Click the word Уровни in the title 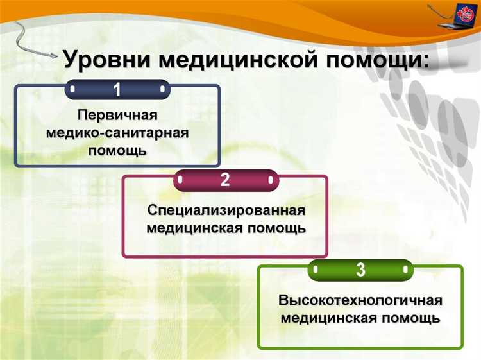point(107,60)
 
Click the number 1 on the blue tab point(117,90)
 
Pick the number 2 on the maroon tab point(225,180)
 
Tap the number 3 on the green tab point(360,270)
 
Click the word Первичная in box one point(117,116)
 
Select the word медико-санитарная point(117,133)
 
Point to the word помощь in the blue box point(117,151)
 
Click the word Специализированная point(225,210)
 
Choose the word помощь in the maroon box point(273,228)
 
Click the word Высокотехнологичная point(360,300)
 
